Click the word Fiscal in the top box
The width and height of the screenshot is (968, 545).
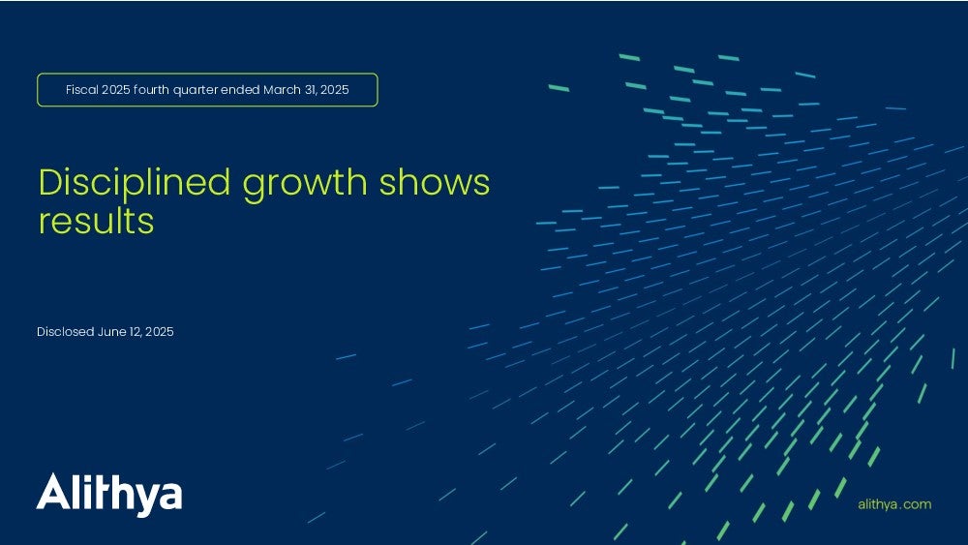pyautogui.click(x=82, y=89)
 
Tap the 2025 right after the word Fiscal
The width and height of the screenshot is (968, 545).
pyautogui.click(x=115, y=89)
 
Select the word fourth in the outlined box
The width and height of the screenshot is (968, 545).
pyautogui.click(x=151, y=89)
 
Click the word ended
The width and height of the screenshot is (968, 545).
pyautogui.click(x=240, y=89)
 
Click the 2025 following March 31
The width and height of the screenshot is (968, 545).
pyautogui.click(x=335, y=89)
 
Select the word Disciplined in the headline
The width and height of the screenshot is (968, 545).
pyautogui.click(x=135, y=183)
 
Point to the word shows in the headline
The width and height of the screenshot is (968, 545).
pyautogui.click(x=435, y=183)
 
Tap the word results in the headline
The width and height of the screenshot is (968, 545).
pyautogui.click(x=96, y=221)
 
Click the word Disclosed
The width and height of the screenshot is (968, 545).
pyautogui.click(x=66, y=331)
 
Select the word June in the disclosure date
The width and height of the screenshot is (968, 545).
pyautogui.click(x=111, y=331)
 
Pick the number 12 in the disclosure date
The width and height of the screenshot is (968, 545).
pyautogui.click(x=136, y=332)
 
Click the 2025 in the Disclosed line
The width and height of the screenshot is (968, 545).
pyautogui.click(x=160, y=331)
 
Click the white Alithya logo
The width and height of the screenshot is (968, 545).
pyautogui.click(x=109, y=495)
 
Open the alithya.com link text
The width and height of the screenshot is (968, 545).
pyautogui.click(x=894, y=504)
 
